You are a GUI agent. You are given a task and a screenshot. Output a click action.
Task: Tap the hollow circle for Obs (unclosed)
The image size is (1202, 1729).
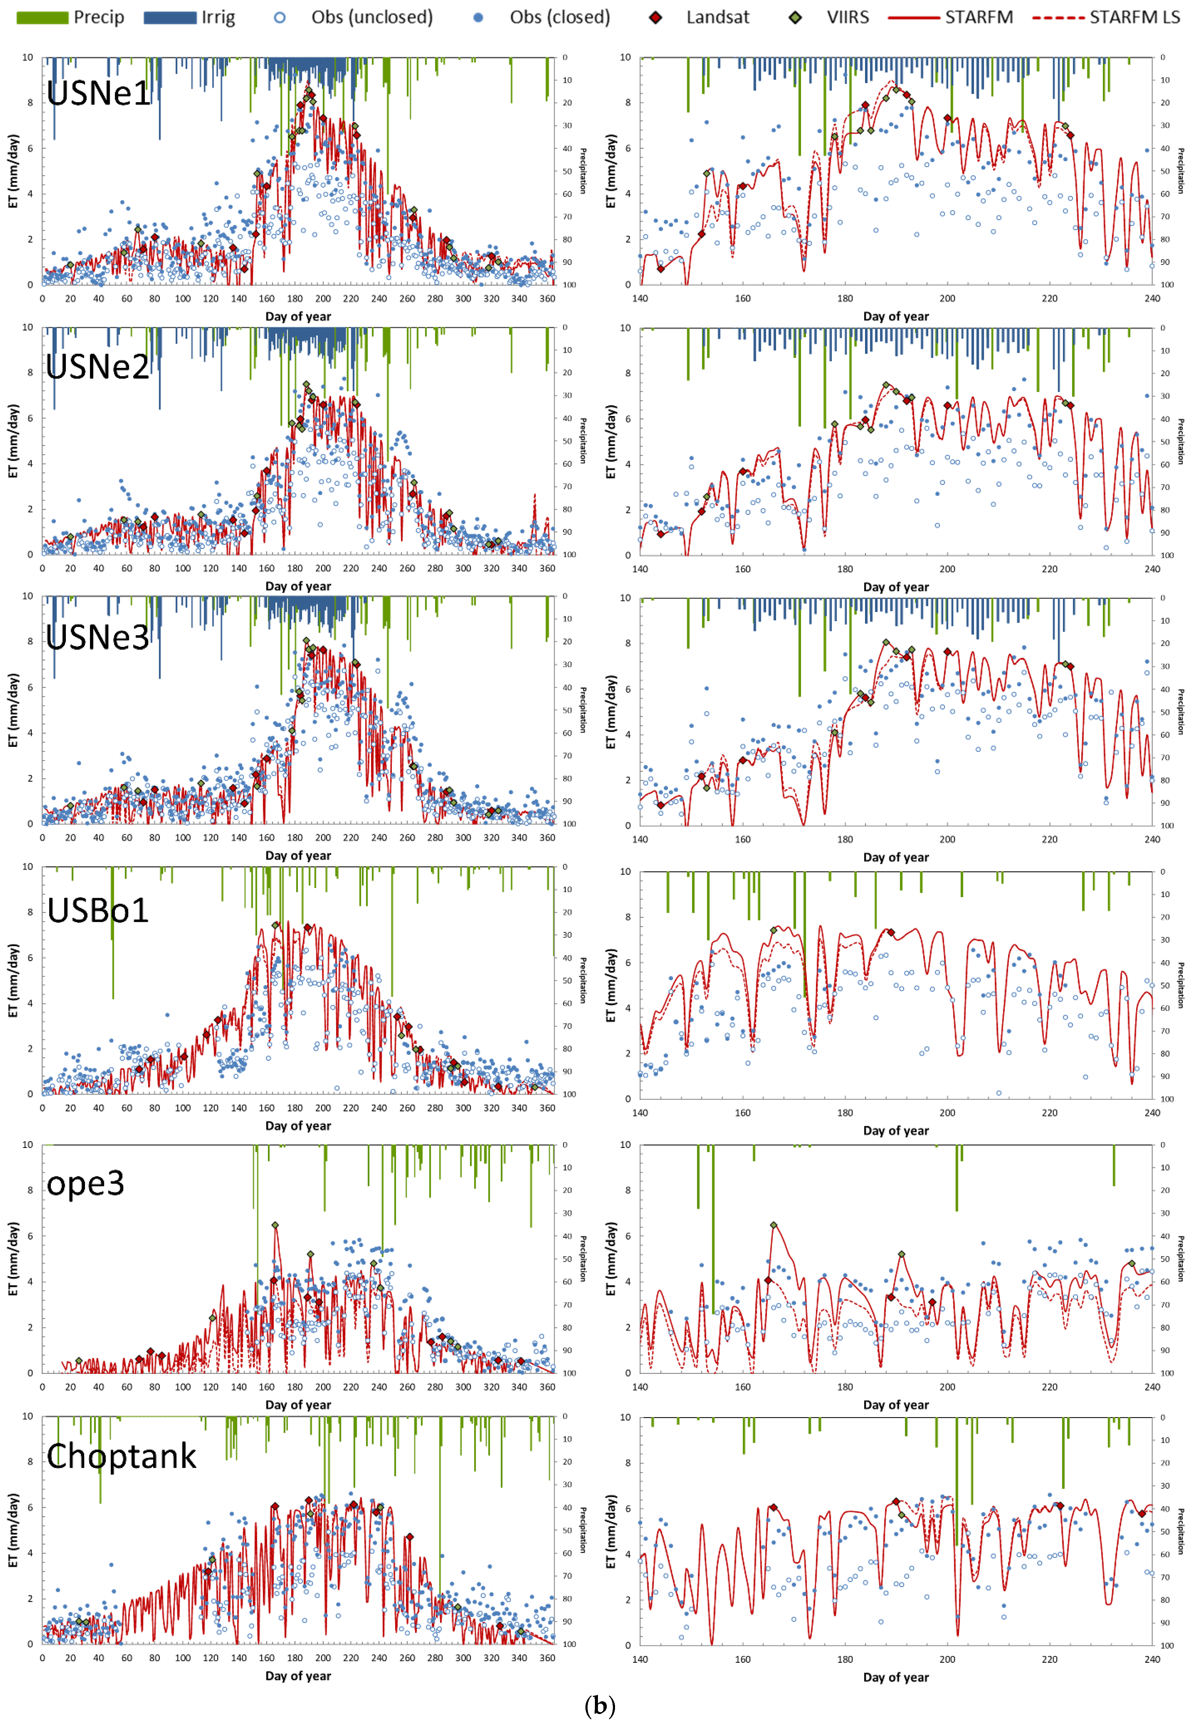point(279,17)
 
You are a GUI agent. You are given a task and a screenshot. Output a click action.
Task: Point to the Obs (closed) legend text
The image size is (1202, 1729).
point(560,17)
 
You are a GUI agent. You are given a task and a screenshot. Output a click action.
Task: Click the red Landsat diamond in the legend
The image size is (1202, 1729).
point(656,17)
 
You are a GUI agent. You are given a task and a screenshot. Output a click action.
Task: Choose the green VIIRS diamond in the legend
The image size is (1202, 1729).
point(795,17)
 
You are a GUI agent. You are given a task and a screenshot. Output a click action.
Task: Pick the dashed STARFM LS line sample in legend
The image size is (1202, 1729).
point(1058,17)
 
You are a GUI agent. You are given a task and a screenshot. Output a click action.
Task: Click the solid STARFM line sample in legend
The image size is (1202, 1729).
point(914,17)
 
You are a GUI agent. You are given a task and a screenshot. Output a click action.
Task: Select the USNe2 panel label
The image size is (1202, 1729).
point(98,367)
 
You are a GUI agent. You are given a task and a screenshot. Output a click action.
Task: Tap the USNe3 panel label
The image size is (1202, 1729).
point(98,638)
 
